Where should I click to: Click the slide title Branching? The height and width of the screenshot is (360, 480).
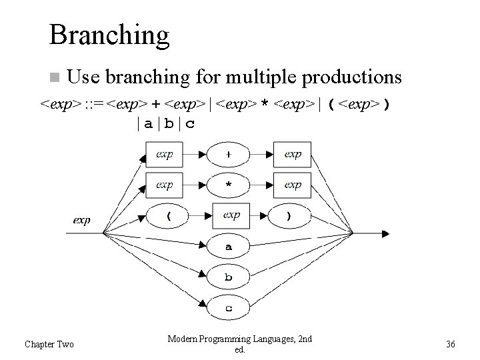(x=109, y=35)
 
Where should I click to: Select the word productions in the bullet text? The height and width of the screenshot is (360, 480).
(x=352, y=77)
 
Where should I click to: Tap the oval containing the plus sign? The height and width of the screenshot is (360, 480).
(x=229, y=154)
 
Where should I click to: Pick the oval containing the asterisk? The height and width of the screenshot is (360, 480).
(x=229, y=185)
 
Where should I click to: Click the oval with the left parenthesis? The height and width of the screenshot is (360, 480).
(x=168, y=216)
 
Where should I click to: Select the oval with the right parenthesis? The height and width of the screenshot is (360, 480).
(x=288, y=216)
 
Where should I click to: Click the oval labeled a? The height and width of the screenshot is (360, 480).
(x=229, y=247)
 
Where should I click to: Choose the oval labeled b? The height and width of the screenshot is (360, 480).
(x=229, y=277)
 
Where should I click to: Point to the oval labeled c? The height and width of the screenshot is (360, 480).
(x=229, y=307)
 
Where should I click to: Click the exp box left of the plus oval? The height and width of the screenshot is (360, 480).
(x=165, y=154)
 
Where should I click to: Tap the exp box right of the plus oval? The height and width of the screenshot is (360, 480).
(x=293, y=154)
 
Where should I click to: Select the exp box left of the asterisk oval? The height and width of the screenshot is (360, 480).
(x=165, y=185)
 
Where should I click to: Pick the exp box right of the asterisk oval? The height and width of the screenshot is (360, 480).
(x=293, y=185)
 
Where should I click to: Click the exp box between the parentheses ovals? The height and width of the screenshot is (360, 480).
(x=231, y=215)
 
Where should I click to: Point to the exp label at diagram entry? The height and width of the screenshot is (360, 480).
(x=81, y=219)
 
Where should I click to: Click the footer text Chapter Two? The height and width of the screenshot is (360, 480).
(x=49, y=344)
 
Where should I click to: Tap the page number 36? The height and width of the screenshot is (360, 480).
(x=450, y=344)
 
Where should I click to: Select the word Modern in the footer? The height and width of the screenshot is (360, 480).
(x=183, y=339)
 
